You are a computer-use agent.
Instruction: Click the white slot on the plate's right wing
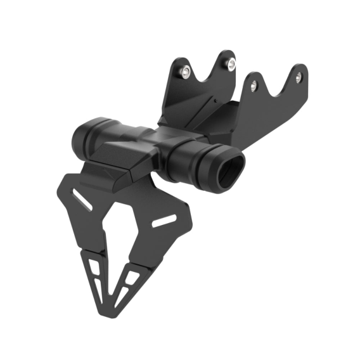[x=165, y=221]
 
